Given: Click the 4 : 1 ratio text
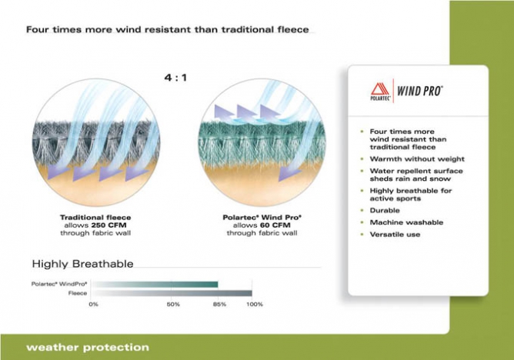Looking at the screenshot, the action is point(175,78).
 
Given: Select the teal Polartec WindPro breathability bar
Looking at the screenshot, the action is point(155,285).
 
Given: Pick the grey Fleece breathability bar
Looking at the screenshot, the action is point(172,293).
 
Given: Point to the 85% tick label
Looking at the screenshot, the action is point(219,305).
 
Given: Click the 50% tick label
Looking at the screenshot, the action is point(173,305).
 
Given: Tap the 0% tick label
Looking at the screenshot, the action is point(93,305).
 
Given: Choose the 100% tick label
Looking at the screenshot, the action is point(255,305).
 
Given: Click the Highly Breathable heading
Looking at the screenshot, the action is point(82,264).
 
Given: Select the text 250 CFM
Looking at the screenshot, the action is point(108,225).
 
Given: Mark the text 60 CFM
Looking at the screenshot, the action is point(275,225).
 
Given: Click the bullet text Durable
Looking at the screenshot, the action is point(385,210).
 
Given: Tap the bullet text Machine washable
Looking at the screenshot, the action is point(406,222).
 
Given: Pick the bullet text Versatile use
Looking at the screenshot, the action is point(395,235).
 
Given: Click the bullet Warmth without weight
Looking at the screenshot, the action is point(417,159).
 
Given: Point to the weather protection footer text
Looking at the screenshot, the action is point(88,347).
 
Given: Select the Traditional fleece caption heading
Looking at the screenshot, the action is point(95,218).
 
